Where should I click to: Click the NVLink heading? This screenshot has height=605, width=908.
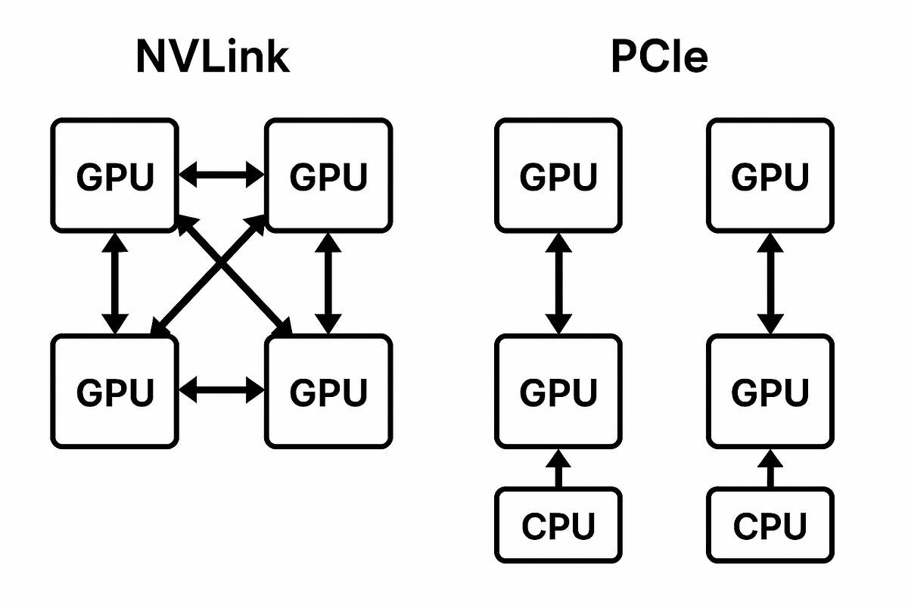[213, 56]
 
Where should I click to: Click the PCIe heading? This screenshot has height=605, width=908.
[659, 56]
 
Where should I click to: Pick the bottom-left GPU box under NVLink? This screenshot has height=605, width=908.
[114, 391]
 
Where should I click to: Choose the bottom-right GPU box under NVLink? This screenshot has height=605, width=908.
[328, 391]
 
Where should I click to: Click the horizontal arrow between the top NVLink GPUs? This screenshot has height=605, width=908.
[221, 175]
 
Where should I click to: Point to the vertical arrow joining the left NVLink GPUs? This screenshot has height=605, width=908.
[114, 283]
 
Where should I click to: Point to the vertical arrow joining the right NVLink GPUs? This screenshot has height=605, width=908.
[328, 283]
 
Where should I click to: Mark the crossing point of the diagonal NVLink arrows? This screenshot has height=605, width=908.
[220, 274]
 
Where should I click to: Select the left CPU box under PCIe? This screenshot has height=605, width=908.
[558, 525]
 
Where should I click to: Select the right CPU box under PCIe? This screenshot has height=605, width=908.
[770, 525]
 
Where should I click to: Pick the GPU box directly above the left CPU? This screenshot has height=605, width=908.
[558, 391]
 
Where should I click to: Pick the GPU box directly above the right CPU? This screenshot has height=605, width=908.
[770, 391]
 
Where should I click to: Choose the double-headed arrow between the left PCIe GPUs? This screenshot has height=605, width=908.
[558, 283]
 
